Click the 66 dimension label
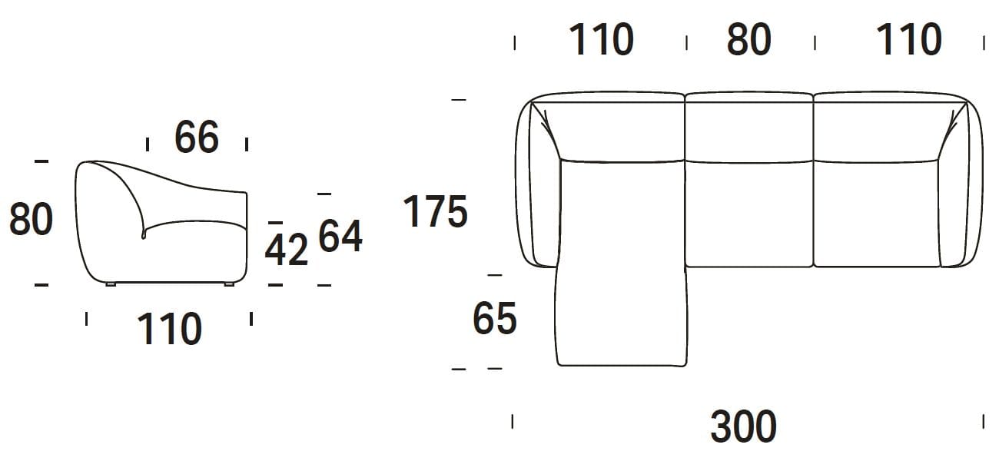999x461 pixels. coord(197,137)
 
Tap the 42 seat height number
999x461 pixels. coord(287,250)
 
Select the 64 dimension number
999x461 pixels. coord(340,237)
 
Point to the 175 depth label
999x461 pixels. coord(435,211)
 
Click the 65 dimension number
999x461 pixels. coord(495,318)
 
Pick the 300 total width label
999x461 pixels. coord(743,426)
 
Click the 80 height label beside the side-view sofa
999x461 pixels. coord(31,219)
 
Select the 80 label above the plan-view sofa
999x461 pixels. coord(749,39)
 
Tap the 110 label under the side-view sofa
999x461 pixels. coord(170,329)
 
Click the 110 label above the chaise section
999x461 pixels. coord(601,39)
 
